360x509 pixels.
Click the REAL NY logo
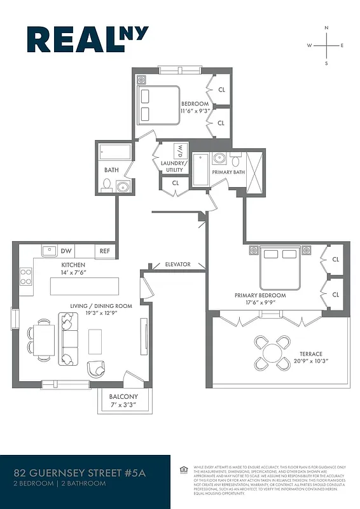87,40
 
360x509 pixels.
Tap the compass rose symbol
326,46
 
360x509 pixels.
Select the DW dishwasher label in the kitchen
65,251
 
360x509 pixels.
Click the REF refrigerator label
105,251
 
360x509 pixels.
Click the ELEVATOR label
178,265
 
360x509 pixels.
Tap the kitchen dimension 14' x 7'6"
73,272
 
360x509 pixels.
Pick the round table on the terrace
271,352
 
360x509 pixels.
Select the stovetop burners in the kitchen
26,276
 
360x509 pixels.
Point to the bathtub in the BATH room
116,153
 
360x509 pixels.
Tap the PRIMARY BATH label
228,172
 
